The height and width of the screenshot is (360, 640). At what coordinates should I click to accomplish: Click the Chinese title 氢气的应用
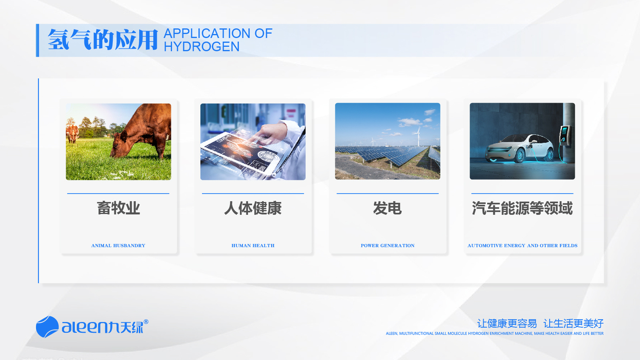(103, 39)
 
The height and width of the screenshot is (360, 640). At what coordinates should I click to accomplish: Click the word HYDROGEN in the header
(201, 46)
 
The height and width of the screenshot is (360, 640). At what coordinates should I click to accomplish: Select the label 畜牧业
(118, 208)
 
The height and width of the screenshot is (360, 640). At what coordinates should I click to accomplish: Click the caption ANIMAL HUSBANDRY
(118, 246)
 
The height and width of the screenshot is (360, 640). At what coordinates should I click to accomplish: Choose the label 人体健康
(253, 208)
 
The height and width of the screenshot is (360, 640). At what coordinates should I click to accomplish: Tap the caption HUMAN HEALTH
(253, 246)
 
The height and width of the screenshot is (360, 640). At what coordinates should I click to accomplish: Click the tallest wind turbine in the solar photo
(418, 137)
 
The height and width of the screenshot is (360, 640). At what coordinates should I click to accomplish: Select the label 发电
(387, 208)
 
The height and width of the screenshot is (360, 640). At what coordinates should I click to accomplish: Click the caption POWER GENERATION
(387, 246)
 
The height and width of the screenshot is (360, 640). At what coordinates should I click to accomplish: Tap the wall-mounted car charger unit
(565, 135)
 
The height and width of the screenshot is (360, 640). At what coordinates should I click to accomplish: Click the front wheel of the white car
(520, 156)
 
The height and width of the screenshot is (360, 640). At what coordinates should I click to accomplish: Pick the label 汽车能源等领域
(522, 208)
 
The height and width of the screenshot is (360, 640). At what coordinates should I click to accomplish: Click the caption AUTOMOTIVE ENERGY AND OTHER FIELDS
(522, 246)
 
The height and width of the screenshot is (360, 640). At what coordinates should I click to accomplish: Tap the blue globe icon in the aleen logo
(47, 327)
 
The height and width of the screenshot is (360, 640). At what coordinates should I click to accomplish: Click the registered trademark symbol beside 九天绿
(146, 322)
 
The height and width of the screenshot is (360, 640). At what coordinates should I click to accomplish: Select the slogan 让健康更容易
(507, 324)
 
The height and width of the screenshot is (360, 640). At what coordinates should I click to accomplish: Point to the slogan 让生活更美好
(573, 324)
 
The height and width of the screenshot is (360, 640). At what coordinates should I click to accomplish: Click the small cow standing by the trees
(72, 133)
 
